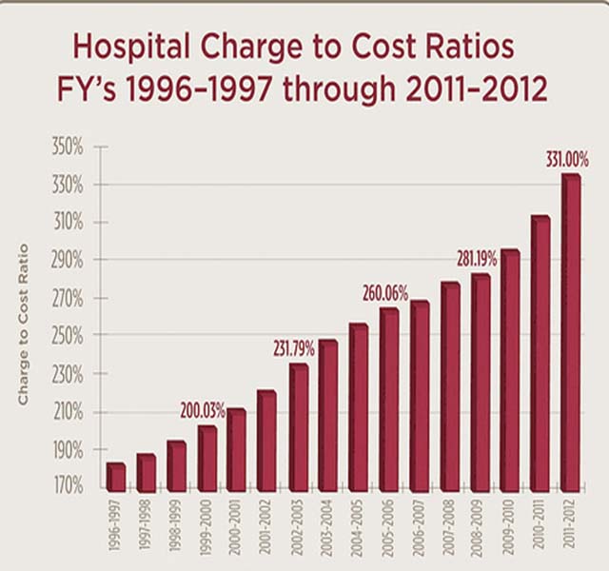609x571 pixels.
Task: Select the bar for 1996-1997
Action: pos(115,476)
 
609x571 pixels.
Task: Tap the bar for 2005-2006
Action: pos(388,399)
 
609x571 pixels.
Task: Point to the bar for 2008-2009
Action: pos(480,382)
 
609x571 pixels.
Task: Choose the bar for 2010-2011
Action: pos(540,352)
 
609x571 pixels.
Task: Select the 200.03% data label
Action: pos(202,412)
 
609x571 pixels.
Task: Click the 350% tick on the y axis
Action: pos(68,148)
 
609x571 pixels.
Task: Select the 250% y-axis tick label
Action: pos(68,337)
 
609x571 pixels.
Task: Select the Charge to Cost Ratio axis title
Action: pos(23,325)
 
